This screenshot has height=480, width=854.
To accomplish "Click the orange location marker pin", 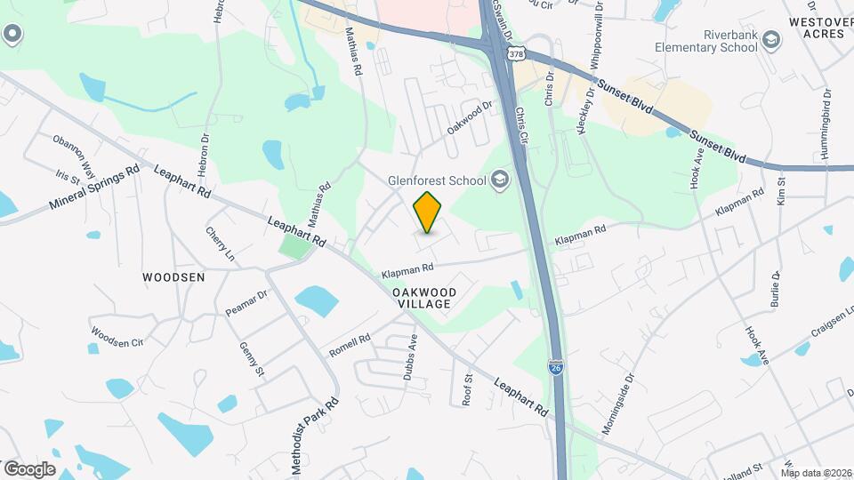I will pyautogui.click(x=428, y=212).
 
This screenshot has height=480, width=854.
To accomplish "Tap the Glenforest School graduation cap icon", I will pyautogui.click(x=500, y=180).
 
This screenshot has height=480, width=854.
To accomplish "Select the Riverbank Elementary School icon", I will pyautogui.click(x=770, y=40).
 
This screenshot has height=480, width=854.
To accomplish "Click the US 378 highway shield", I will pyautogui.click(x=515, y=55).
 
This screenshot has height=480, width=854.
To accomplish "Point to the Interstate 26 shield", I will pyautogui.click(x=555, y=366).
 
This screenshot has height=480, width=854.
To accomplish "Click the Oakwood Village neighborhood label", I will pyautogui.click(x=424, y=298).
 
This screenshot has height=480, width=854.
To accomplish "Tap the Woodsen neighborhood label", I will pyautogui.click(x=173, y=277).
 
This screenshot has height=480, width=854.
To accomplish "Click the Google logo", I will pyautogui.click(x=29, y=468).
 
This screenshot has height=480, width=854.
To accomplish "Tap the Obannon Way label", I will pyautogui.click(x=74, y=152).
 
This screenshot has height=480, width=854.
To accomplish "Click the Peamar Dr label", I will pyautogui.click(x=246, y=303).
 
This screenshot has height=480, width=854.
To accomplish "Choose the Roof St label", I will pyautogui.click(x=467, y=389).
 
